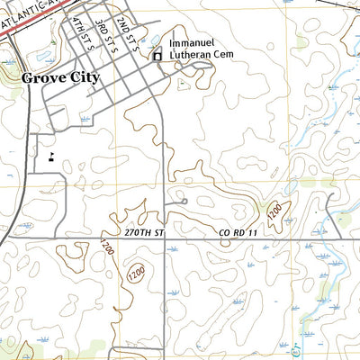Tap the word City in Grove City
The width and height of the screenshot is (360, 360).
[83, 78]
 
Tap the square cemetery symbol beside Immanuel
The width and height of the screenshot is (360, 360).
[157, 56]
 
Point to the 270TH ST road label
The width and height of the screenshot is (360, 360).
[146, 232]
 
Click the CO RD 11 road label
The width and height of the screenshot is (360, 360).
[238, 232]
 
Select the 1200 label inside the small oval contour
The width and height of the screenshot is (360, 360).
[136, 271]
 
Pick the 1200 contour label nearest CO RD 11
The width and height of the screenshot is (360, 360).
[273, 212]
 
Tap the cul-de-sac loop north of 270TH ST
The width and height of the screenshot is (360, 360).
[184, 202]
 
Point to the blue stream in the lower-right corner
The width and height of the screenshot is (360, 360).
[310, 315]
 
